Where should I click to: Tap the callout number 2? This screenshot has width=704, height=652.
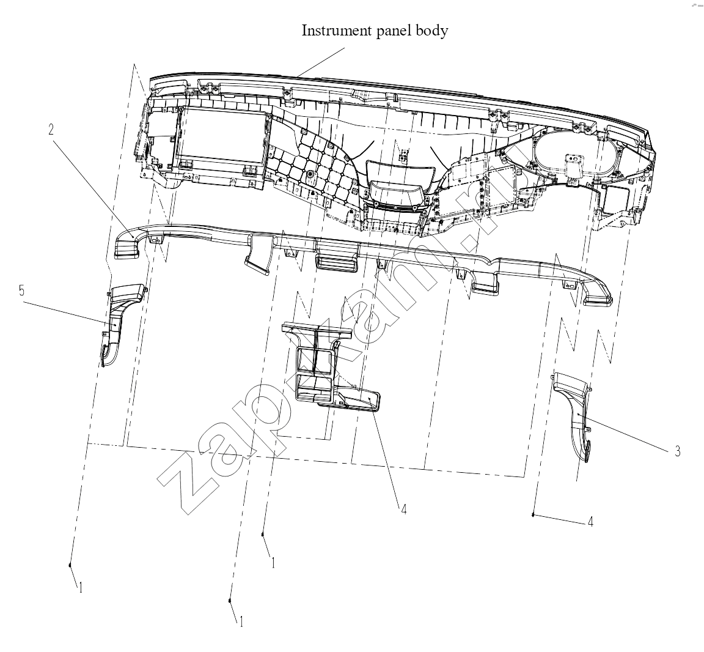coord(51,130)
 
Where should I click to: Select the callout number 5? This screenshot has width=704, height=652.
coord(21,291)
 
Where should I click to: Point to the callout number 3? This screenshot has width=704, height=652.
coord(678,451)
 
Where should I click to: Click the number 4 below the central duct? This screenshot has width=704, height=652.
coord(403,509)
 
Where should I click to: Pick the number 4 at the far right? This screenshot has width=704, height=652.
coord(590,522)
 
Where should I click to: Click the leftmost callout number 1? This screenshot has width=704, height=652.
coord(81,588)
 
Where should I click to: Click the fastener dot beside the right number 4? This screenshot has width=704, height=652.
coord(533,514)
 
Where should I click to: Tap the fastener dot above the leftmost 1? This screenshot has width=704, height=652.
coord(70,565)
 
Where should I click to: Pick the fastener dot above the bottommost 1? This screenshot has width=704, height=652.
coord(230,601)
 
